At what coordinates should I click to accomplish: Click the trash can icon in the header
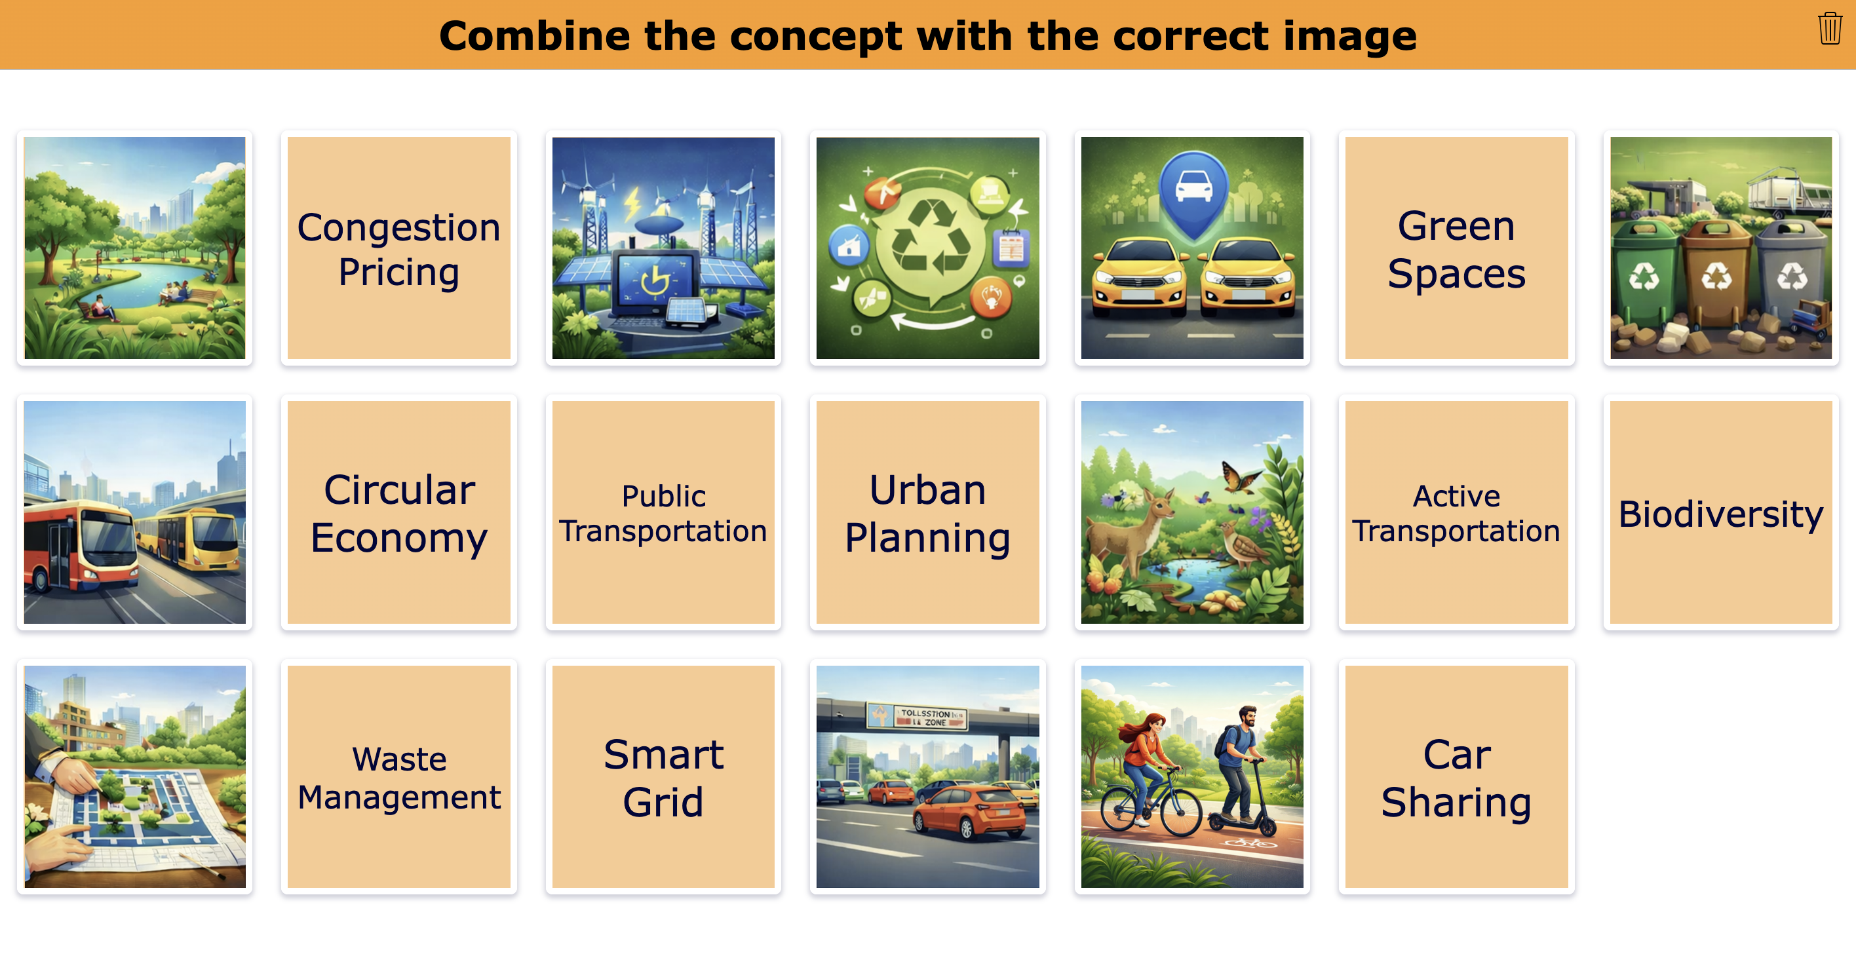[x=1829, y=29]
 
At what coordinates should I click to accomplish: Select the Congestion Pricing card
[x=398, y=248]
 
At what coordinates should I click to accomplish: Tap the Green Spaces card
[x=1456, y=248]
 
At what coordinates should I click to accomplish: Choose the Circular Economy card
[x=398, y=512]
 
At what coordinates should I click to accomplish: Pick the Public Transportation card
[x=663, y=512]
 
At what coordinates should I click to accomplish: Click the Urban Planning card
[x=927, y=512]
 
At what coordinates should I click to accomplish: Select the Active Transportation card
[x=1456, y=512]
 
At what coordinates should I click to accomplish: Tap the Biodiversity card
[x=1720, y=512]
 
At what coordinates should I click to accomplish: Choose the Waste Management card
[x=398, y=776]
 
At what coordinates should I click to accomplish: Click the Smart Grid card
[x=663, y=776]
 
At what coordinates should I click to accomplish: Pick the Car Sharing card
[x=1456, y=776]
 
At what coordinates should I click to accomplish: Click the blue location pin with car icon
[x=1193, y=191]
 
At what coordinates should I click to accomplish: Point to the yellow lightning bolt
[x=632, y=204]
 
